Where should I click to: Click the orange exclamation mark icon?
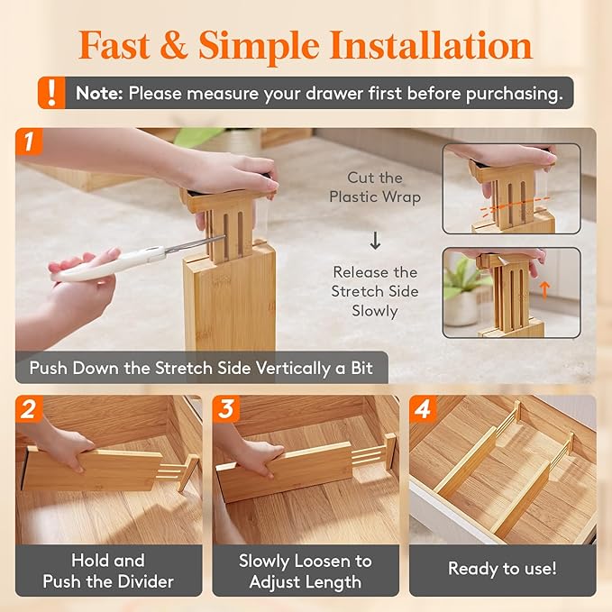pyautogui.click(x=54, y=92)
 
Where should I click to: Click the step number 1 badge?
pyautogui.click(x=29, y=141)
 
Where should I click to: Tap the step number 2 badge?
pyautogui.click(x=29, y=408)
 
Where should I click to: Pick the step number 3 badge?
pyautogui.click(x=226, y=408)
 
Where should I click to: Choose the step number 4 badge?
pyautogui.click(x=423, y=408)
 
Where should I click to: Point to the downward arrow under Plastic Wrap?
pyautogui.click(x=375, y=240)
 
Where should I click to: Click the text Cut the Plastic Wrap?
pyautogui.click(x=375, y=187)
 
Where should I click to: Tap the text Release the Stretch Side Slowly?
pyautogui.click(x=375, y=291)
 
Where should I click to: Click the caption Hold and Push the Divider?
pyautogui.click(x=108, y=571)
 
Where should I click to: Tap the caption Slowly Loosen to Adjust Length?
pyautogui.click(x=305, y=571)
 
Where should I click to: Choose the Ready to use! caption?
pyautogui.click(x=502, y=569)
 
